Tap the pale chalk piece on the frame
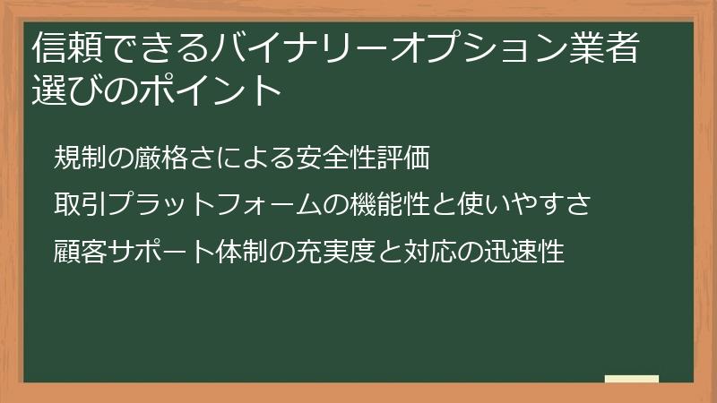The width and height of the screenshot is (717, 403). point(632,379)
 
